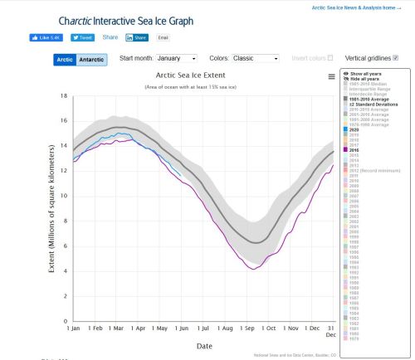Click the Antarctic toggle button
tap(92, 60)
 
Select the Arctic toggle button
tap(66, 60)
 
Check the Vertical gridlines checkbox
tap(395, 58)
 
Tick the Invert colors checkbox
tap(330, 58)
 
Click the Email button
tap(164, 38)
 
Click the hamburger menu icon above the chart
tap(331, 75)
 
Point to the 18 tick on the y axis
tap(63, 96)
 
